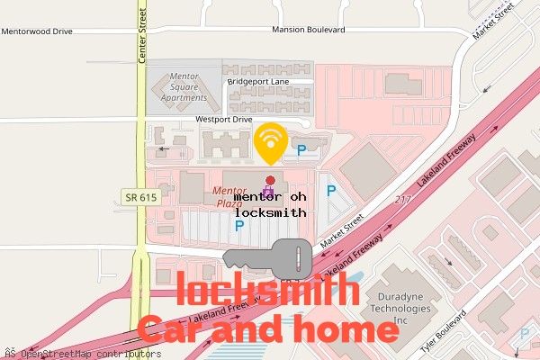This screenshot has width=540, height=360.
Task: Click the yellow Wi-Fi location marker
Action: (271, 140)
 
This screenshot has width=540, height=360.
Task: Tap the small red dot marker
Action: (270, 182)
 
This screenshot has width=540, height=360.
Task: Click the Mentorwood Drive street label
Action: (37, 31)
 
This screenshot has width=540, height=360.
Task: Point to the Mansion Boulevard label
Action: (309, 31)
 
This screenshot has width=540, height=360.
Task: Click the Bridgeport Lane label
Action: (263, 81)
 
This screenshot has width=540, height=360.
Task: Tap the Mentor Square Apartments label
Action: (179, 87)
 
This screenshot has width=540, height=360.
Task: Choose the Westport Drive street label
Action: (226, 119)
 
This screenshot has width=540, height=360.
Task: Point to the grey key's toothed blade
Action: (247, 260)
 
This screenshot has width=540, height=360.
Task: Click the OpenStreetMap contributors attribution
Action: (76, 354)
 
